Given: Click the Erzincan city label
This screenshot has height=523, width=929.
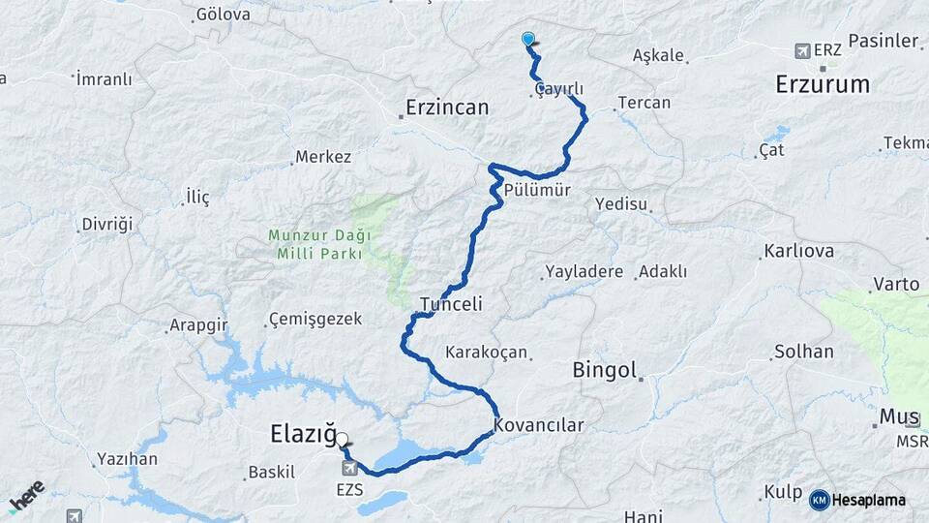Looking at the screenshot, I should click(447, 107).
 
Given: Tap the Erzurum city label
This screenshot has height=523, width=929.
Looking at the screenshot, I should click(823, 84).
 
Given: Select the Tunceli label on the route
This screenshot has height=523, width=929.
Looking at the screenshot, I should click(451, 304).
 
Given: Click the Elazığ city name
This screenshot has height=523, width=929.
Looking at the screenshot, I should click(302, 437).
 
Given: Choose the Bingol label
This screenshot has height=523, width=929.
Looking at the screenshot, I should click(605, 369).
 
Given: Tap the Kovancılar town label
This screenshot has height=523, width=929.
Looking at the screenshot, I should click(539, 425).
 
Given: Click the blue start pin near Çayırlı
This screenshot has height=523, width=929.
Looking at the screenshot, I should click(528, 40).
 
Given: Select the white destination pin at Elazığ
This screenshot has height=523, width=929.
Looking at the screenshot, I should click(343, 439).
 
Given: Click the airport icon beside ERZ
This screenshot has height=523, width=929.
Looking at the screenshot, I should click(801, 50).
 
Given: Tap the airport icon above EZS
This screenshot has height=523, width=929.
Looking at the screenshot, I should click(349, 469).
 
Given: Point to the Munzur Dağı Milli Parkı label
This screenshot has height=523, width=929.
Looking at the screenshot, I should click(315, 244).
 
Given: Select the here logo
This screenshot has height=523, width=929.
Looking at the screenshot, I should click(27, 494).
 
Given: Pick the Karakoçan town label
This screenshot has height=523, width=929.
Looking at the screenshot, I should click(486, 352).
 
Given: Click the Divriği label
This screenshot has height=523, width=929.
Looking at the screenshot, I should click(106, 224).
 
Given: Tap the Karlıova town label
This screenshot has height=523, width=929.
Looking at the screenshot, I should click(798, 251).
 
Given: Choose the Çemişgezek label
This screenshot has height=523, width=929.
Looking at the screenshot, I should click(315, 319).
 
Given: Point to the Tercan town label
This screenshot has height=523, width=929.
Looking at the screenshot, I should click(644, 103).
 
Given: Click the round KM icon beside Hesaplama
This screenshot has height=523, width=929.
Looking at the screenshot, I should click(820, 500).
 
